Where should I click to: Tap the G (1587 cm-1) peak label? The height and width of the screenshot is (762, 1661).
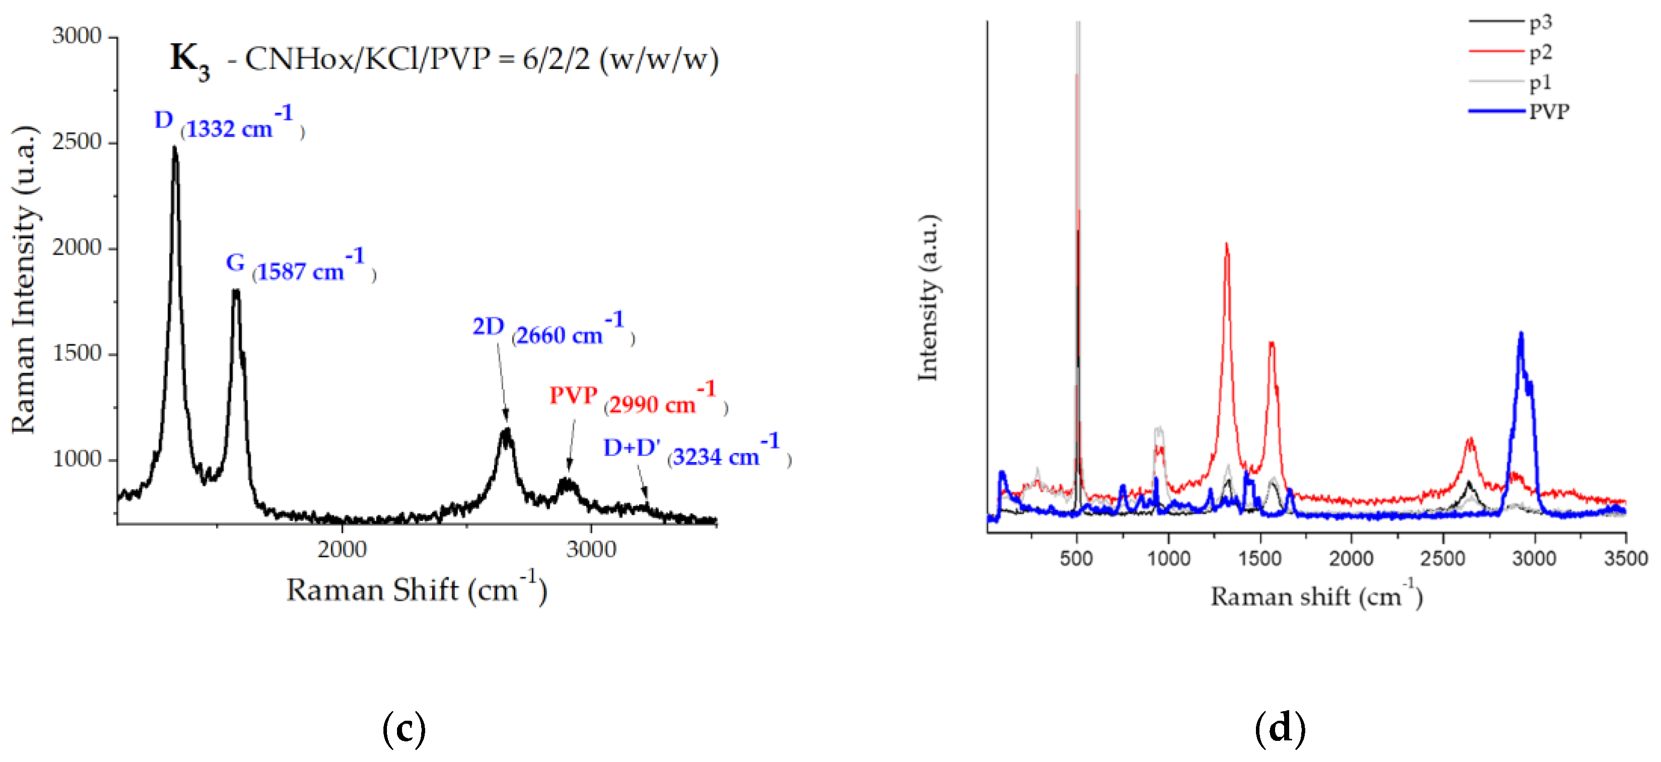(300, 266)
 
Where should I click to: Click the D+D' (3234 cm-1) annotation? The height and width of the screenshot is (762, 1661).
(696, 451)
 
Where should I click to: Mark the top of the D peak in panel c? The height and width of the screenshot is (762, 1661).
(174, 148)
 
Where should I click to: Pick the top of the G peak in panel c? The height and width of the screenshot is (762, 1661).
(236, 291)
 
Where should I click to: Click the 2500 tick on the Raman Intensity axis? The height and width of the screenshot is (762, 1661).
(77, 142)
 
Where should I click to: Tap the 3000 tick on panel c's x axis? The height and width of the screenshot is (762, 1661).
(591, 549)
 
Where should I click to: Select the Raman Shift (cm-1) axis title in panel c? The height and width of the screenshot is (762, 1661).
(417, 589)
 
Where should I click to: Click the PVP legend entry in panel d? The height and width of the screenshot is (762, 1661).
(1549, 112)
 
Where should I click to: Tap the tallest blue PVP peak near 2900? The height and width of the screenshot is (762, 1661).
(1521, 334)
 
